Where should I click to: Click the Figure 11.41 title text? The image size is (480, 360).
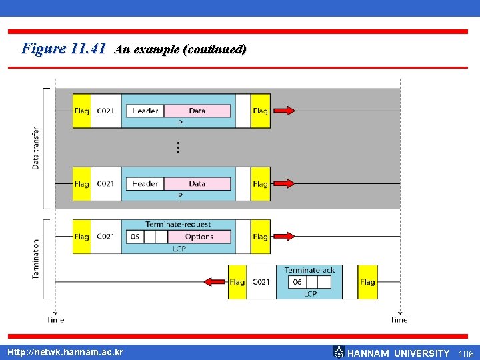pos(64,49)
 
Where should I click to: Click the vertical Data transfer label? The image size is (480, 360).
pos(36,148)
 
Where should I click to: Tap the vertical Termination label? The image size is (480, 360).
pos(36,259)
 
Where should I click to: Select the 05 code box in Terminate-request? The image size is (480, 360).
pos(135,237)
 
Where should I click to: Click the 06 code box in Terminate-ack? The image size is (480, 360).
pos(297,282)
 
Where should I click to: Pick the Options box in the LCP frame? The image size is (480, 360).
pos(199,237)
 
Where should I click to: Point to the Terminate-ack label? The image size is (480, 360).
pos(309,270)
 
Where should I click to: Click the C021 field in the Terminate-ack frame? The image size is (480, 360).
pos(261,282)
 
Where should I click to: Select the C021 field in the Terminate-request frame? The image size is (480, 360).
pos(105,237)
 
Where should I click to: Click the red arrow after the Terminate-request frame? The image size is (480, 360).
pos(284,237)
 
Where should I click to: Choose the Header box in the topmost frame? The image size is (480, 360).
pos(145,111)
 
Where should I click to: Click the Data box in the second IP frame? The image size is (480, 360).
pos(197,183)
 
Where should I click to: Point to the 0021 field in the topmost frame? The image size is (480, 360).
pos(105,111)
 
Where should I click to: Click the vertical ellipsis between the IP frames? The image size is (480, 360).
pos(178,147)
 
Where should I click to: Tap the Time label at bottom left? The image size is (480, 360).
pos(55,320)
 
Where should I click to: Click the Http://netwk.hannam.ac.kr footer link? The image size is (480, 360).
pos(65,352)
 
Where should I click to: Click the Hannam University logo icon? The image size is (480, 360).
pos(339,352)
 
